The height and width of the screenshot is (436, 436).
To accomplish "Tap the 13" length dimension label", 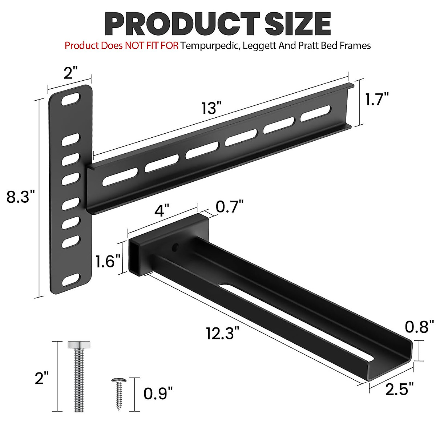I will [x=211, y=108].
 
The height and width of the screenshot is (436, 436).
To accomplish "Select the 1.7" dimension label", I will [x=377, y=99].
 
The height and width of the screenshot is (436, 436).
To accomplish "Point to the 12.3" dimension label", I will [x=223, y=333].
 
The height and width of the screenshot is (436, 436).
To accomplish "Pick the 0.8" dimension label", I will [x=419, y=327].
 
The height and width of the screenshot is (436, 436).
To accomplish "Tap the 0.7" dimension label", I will [x=229, y=207].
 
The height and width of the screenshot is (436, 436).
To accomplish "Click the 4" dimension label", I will [x=162, y=210].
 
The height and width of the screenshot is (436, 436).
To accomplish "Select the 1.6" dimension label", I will [x=108, y=261].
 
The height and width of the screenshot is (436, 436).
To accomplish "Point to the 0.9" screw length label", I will [x=158, y=393].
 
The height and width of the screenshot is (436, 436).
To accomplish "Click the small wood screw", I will [x=118, y=393].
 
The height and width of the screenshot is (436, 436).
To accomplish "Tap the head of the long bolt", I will [x=79, y=344].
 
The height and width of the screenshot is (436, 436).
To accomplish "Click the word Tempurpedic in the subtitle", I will [x=210, y=46].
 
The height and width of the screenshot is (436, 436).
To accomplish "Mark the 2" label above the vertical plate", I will [x=71, y=73].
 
